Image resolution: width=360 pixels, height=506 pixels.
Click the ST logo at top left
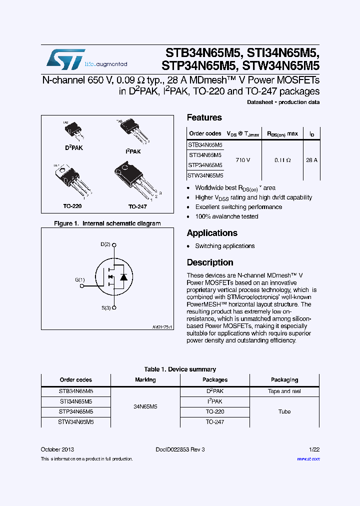65,58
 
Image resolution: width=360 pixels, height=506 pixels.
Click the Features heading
204,117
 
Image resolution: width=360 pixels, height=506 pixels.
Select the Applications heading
211,233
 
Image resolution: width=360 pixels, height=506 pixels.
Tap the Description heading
209,262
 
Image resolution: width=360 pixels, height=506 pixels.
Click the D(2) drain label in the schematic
105,244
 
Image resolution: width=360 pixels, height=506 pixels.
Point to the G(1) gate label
80,280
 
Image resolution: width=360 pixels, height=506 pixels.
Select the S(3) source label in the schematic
105,308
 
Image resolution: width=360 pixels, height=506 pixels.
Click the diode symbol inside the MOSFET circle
123,276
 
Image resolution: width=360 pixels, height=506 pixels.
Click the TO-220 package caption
72,206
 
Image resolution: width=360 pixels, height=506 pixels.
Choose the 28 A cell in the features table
311,160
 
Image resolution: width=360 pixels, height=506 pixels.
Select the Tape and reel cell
284,391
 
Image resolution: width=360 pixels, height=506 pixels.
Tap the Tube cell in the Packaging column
284,411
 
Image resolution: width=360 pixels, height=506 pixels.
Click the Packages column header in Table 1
215,380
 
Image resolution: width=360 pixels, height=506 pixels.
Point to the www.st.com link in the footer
308,458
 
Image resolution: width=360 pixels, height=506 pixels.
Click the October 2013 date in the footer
57,449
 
